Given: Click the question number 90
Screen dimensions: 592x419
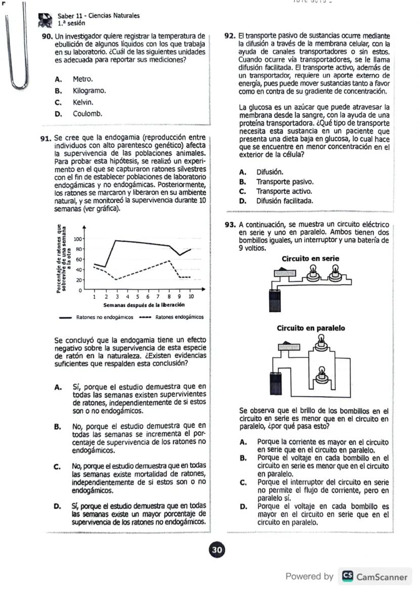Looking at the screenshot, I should click(48, 36).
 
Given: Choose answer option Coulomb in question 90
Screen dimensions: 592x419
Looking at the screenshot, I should click(87, 114).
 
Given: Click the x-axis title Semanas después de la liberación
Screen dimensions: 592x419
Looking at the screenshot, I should click(143, 305).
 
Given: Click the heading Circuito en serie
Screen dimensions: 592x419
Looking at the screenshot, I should click(310, 259).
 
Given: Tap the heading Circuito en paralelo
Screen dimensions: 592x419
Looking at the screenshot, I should click(311, 328).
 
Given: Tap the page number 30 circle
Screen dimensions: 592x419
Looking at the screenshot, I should click(218, 550).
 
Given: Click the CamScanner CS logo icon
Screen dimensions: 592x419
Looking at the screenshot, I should click(348, 576).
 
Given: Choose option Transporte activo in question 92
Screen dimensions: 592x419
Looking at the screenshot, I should click(283, 192).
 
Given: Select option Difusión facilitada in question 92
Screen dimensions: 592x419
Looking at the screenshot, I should click(284, 201).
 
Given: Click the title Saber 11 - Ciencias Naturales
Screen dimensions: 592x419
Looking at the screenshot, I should click(98, 16).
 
